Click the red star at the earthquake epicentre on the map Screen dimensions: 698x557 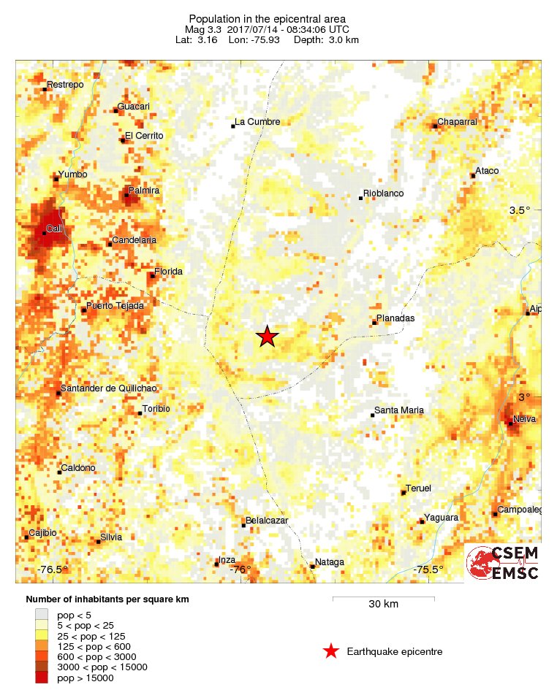[x=268, y=337]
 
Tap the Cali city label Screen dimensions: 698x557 [x=54, y=229]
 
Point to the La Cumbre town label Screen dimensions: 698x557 [x=257, y=122]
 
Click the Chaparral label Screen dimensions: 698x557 [x=457, y=122]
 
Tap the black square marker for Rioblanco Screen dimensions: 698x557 [x=360, y=198]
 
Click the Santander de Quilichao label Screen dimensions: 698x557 [x=109, y=388]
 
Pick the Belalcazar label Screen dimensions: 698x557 [x=268, y=521]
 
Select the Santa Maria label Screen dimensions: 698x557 [x=399, y=410]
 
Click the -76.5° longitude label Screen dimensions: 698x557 [x=53, y=569]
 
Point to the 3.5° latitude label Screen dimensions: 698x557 [x=520, y=210]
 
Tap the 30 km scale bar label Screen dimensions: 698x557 [x=383, y=605]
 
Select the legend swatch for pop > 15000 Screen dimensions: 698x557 [x=42, y=678]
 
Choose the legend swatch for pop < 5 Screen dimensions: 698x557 [x=42, y=615]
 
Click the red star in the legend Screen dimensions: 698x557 [x=331, y=651]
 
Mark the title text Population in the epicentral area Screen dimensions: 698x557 [x=267, y=19]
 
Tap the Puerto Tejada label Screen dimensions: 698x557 [x=115, y=306]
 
